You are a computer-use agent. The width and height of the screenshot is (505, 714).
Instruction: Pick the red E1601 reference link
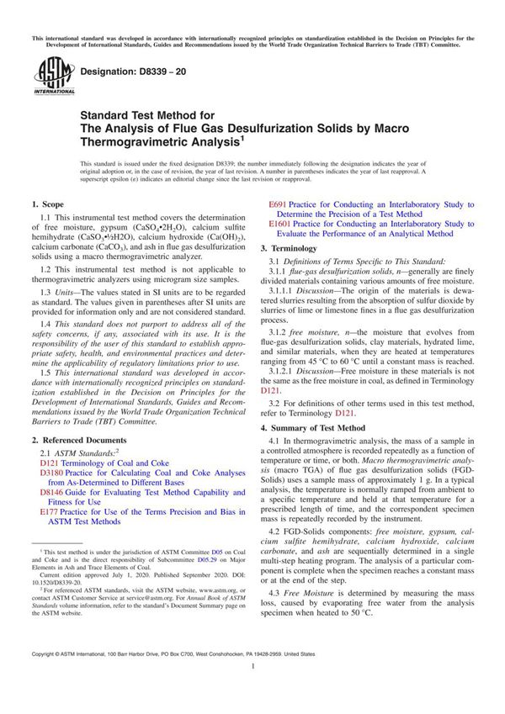tap(280, 225)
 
